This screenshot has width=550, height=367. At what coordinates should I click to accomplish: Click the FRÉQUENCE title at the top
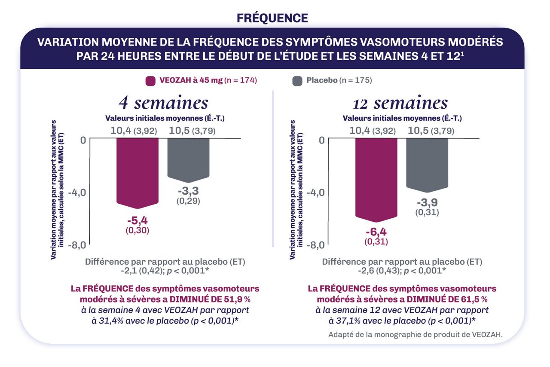[x=272, y=18]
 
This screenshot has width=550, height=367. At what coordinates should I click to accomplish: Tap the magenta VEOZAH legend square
[x=150, y=81]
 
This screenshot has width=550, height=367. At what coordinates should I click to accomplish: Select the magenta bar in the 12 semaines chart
[x=376, y=176]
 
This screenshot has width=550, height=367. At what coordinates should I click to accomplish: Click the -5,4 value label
[x=138, y=221]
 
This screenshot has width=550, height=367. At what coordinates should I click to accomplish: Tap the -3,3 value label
[x=188, y=191]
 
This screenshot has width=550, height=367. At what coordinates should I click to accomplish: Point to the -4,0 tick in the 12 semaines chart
[x=316, y=192]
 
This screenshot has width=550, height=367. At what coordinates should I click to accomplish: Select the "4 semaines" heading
[x=163, y=103]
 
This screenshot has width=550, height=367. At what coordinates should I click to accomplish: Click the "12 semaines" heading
[x=400, y=103]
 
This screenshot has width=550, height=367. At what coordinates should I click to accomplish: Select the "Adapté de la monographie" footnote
[x=415, y=335]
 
